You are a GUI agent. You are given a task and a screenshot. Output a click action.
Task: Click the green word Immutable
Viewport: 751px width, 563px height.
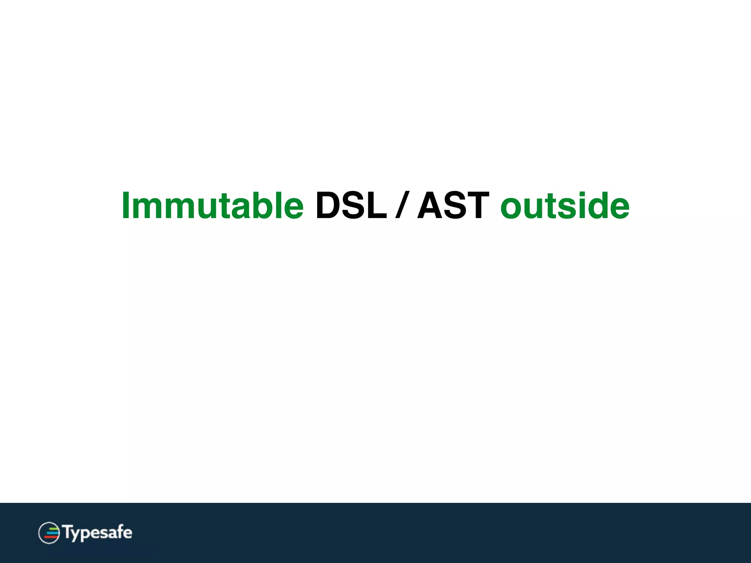coord(213,206)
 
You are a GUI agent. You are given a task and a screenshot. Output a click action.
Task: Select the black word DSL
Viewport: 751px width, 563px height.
coord(351,206)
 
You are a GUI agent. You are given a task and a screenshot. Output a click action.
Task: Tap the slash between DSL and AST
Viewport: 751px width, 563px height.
coord(402,206)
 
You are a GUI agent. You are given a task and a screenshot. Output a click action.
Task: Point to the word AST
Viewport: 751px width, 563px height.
coord(453,206)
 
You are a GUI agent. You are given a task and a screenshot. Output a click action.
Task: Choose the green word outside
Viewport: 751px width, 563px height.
coord(565,206)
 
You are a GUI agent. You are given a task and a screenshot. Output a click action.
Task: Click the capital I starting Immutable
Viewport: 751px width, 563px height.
coord(126,206)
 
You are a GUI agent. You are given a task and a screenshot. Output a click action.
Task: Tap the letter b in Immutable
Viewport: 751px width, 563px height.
coord(260,206)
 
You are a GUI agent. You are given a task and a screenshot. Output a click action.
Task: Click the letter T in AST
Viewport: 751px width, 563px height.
coord(476,206)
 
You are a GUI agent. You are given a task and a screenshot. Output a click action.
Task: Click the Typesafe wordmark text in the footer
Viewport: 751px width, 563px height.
coord(98,532)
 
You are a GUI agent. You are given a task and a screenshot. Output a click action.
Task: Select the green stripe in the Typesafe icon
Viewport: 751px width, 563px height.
coord(54,528)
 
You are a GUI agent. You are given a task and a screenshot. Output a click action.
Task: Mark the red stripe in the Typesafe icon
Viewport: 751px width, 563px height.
coord(51,537)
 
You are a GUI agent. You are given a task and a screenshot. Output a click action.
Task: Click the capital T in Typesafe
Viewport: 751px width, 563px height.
coord(67,531)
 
